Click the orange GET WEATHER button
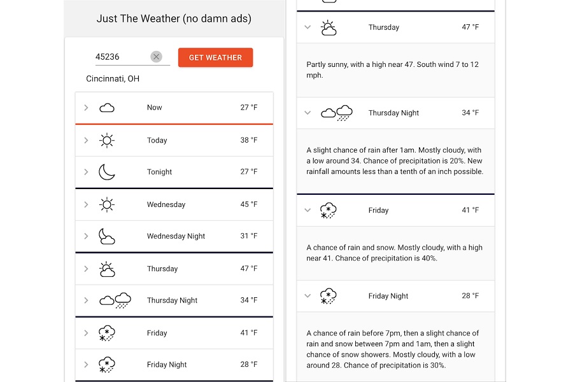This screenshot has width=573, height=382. pyautogui.click(x=215, y=57)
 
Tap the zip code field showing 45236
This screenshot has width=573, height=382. pyautogui.click(x=121, y=57)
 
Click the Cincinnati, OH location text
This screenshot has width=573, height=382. pyautogui.click(x=113, y=79)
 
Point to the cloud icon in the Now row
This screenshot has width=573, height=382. pyautogui.click(x=107, y=108)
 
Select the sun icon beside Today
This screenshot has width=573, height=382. pyautogui.click(x=107, y=141)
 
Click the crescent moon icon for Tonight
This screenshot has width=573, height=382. pyautogui.click(x=106, y=172)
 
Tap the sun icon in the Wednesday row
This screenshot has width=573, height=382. pyautogui.click(x=107, y=204)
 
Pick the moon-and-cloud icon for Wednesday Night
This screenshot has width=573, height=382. pyautogui.click(x=106, y=236)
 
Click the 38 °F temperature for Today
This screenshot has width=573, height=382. pyautogui.click(x=249, y=141)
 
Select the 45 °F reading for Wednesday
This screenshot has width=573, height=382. pyautogui.click(x=249, y=204)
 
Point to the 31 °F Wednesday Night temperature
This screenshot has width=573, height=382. pyautogui.click(x=249, y=236)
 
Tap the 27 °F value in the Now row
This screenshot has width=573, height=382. pyautogui.click(x=249, y=108)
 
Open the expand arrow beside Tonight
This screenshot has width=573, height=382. pyautogui.click(x=86, y=172)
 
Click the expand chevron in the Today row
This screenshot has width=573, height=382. pyautogui.click(x=86, y=141)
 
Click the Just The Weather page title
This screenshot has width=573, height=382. pyautogui.click(x=174, y=18)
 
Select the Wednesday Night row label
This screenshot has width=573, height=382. pyautogui.click(x=176, y=236)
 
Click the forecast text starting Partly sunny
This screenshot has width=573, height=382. pyautogui.click(x=393, y=70)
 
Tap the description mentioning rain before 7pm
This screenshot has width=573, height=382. pyautogui.click(x=393, y=350)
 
